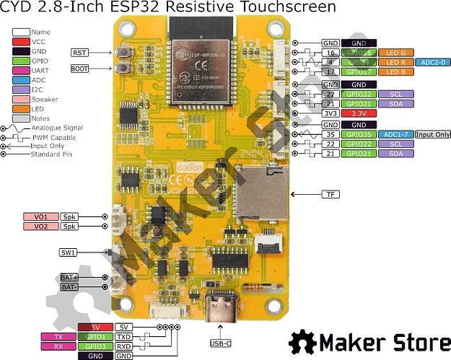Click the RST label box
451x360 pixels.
pos(79,53)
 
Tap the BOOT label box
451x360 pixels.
pos(79,69)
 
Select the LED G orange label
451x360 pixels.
pos(394,53)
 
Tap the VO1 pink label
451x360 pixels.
pos(40,216)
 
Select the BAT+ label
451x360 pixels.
pos(70,277)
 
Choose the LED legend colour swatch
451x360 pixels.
pos(20,107)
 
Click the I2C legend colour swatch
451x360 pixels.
pos(20,89)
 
